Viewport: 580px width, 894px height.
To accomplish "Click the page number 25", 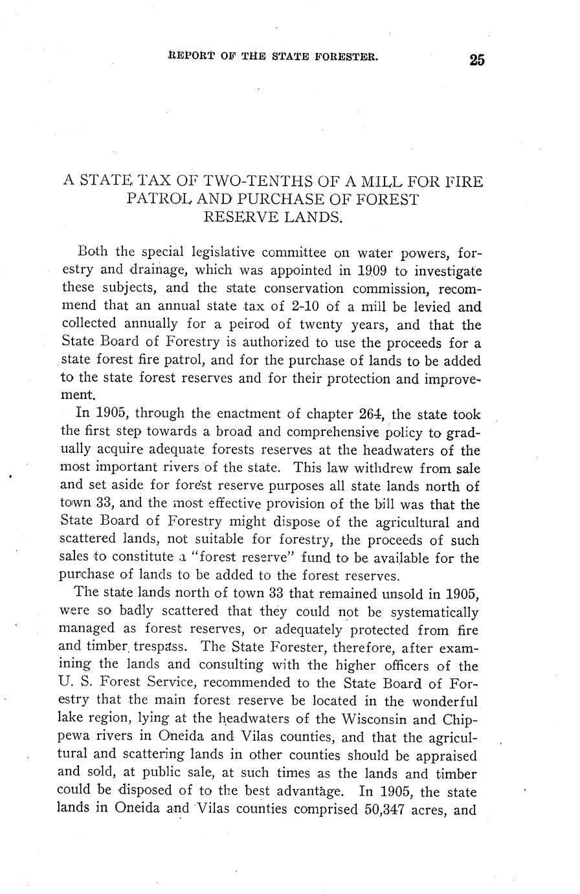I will pyautogui.click(x=477, y=60).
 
